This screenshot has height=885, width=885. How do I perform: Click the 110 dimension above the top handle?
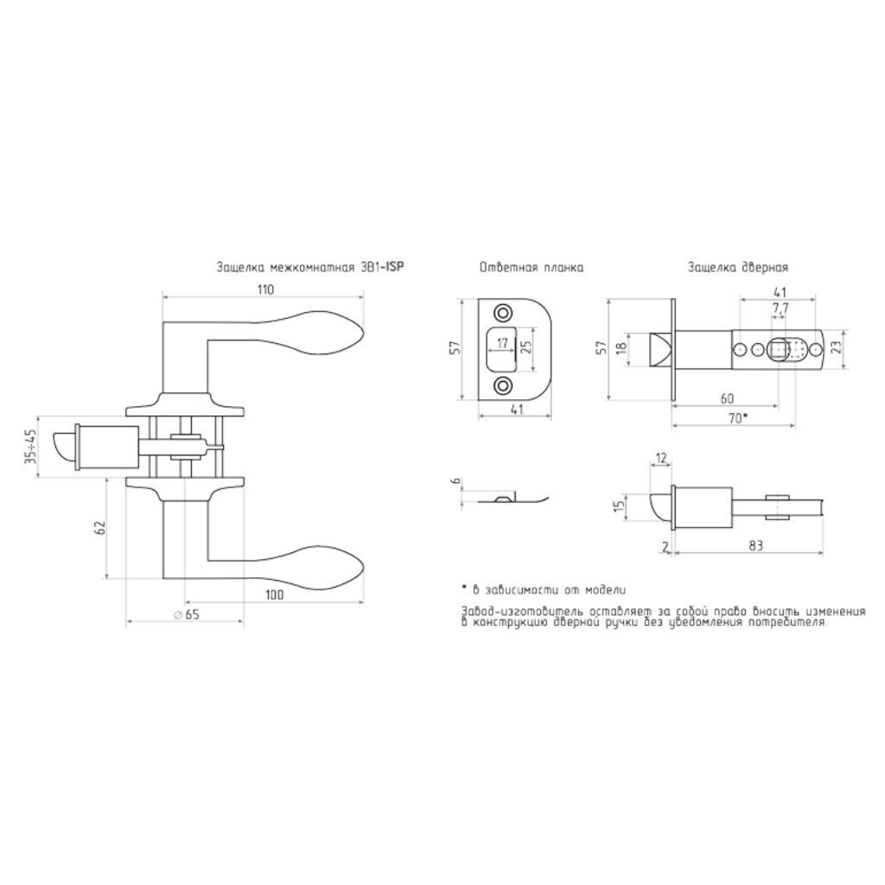click(266, 290)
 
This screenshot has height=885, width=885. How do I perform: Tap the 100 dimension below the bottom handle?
click(274, 595)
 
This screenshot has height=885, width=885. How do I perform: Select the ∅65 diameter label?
click(187, 614)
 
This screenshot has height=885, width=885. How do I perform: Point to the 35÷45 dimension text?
click(30, 448)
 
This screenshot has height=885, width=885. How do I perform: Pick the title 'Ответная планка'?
click(532, 268)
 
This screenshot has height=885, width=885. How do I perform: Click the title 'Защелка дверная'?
click(738, 268)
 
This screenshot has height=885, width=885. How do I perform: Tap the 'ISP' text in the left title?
click(394, 267)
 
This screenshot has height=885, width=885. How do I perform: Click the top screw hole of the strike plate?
click(502, 313)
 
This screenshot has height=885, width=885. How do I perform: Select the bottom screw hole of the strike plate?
click(502, 386)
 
